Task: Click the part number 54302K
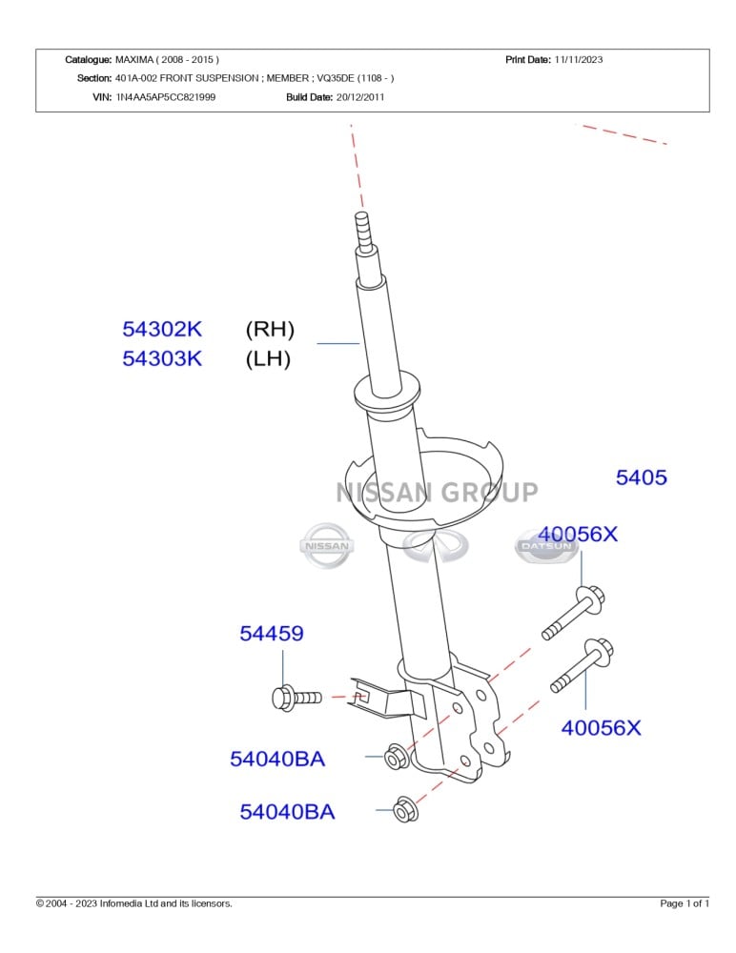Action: tap(162, 330)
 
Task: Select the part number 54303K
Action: tap(162, 359)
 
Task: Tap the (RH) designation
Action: tap(270, 330)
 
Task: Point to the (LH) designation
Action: tap(268, 359)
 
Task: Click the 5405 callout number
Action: tap(641, 478)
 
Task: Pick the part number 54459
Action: tap(272, 633)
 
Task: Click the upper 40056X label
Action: tap(578, 535)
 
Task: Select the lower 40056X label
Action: tap(601, 728)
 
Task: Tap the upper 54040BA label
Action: tap(277, 760)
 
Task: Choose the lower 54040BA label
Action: tap(287, 812)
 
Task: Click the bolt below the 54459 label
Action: tap(296, 699)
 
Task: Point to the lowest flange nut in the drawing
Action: tap(406, 810)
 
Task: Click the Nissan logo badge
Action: tap(326, 546)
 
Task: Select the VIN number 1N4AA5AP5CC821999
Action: tap(165, 97)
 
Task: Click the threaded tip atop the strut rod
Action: tap(362, 229)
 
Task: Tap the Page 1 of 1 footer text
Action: tap(685, 903)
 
